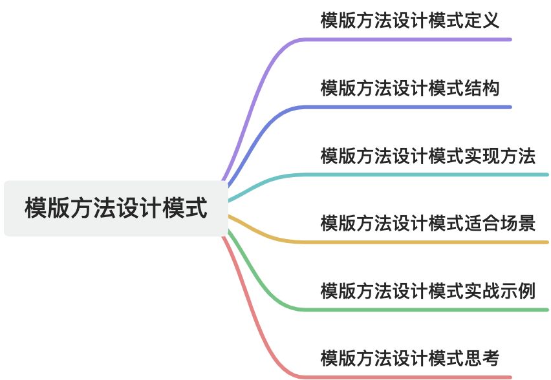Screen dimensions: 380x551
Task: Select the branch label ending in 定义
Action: point(409,20)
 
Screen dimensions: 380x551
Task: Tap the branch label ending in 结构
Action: point(409,88)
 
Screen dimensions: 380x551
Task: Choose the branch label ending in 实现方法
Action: point(427,156)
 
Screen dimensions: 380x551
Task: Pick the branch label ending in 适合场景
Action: point(427,223)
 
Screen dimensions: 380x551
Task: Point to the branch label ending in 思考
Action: point(409,357)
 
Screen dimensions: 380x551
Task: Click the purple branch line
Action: point(401,39)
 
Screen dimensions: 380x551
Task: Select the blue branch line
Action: point(401,107)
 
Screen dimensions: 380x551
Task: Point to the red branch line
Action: point(401,376)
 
